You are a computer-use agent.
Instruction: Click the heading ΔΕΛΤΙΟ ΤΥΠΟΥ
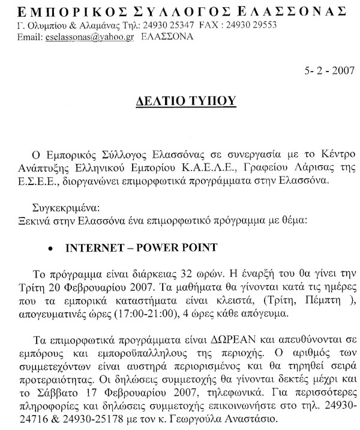pos(180,100)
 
